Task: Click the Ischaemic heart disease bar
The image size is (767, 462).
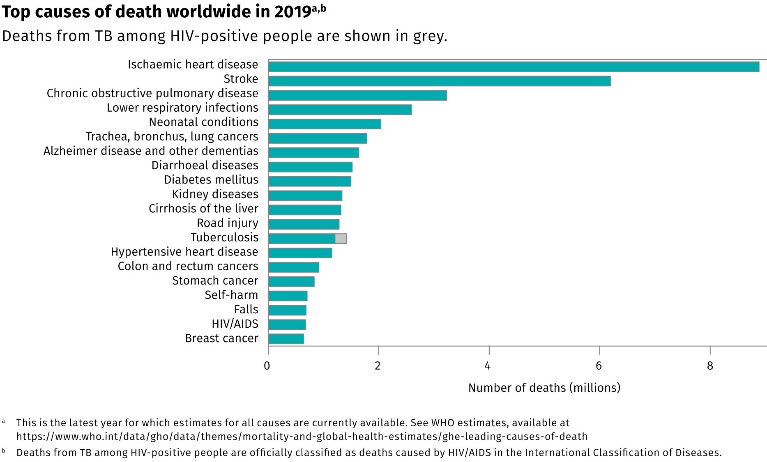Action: click(514, 67)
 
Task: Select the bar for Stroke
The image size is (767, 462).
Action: click(439, 81)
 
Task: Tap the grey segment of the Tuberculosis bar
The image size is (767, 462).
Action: click(341, 239)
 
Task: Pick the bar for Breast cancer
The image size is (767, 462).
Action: click(286, 339)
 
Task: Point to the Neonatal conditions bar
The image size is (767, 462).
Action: click(325, 124)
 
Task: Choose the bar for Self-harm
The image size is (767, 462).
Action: click(288, 296)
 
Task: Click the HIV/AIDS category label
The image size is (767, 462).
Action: click(235, 324)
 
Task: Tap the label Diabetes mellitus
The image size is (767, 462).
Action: click(211, 180)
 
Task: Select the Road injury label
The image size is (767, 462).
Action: click(228, 223)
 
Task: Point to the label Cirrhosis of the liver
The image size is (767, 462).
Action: click(203, 209)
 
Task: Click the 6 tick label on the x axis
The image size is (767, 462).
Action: click(599, 365)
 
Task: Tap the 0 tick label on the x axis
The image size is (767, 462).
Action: click(267, 365)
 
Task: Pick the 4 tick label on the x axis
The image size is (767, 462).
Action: click(488, 365)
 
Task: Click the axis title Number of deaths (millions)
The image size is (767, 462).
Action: click(544, 388)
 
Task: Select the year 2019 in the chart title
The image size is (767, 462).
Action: click(292, 12)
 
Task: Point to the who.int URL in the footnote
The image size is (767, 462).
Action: click(302, 436)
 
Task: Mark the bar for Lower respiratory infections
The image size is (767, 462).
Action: click(340, 110)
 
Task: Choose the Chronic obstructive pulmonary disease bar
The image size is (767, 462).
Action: click(357, 95)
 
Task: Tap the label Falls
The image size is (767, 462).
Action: click(246, 310)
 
